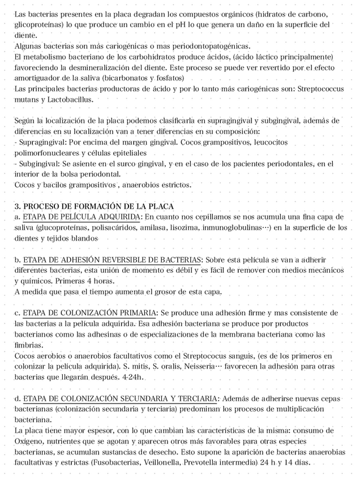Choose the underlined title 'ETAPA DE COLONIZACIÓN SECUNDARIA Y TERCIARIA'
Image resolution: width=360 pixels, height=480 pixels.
[x=119, y=399]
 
